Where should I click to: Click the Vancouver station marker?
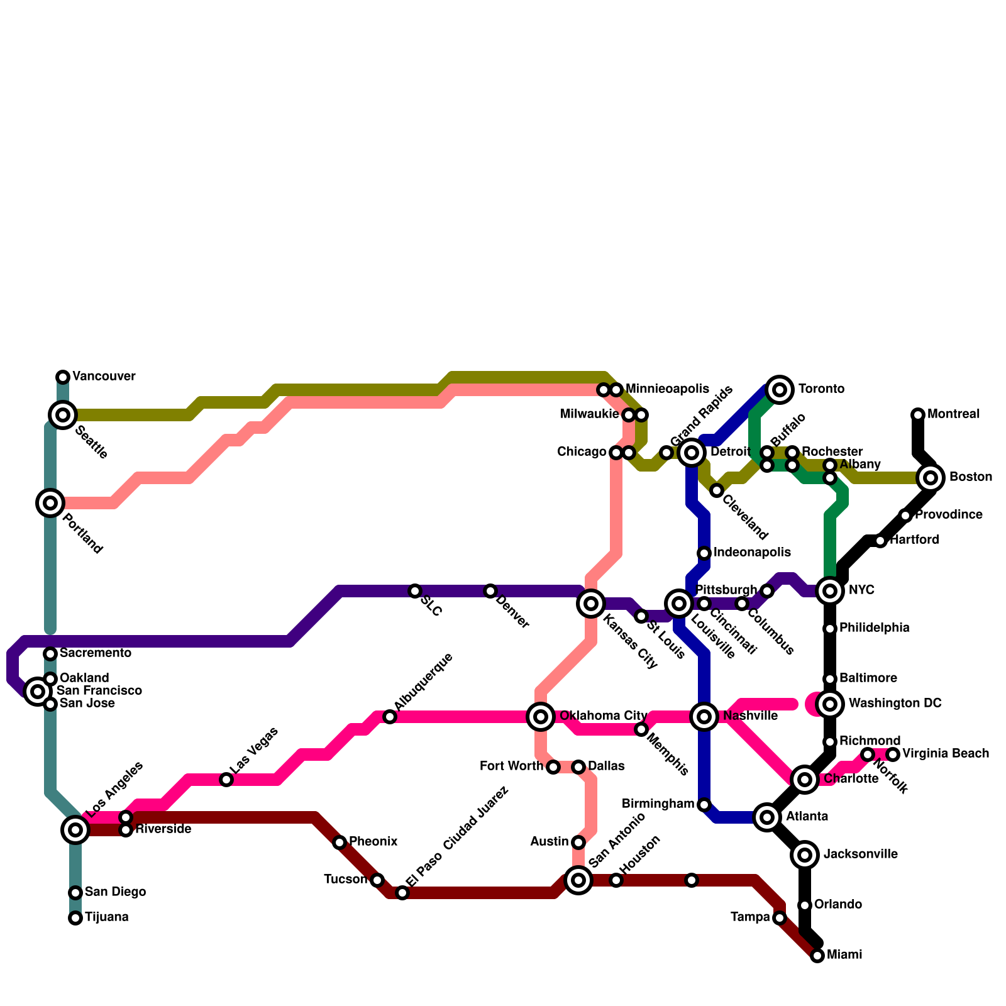click(x=63, y=377)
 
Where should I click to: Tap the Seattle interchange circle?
click(x=63, y=415)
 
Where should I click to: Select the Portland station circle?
click(x=50, y=503)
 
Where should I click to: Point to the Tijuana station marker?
click(x=75, y=918)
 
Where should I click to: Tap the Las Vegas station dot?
click(x=226, y=780)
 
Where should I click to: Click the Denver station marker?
click(x=490, y=591)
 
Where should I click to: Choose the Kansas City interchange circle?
click(x=591, y=604)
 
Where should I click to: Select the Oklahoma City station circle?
click(x=541, y=717)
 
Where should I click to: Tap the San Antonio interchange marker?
click(x=578, y=880)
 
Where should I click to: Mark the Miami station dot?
click(x=817, y=956)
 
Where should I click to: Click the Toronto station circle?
click(x=780, y=390)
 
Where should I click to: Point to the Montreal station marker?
click(x=918, y=415)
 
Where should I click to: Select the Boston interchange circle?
click(x=931, y=478)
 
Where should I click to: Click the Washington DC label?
click(x=895, y=704)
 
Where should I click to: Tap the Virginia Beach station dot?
click(x=893, y=754)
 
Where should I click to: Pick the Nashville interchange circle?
click(x=704, y=717)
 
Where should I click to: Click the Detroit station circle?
click(x=692, y=453)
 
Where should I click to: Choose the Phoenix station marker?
click(x=340, y=843)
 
